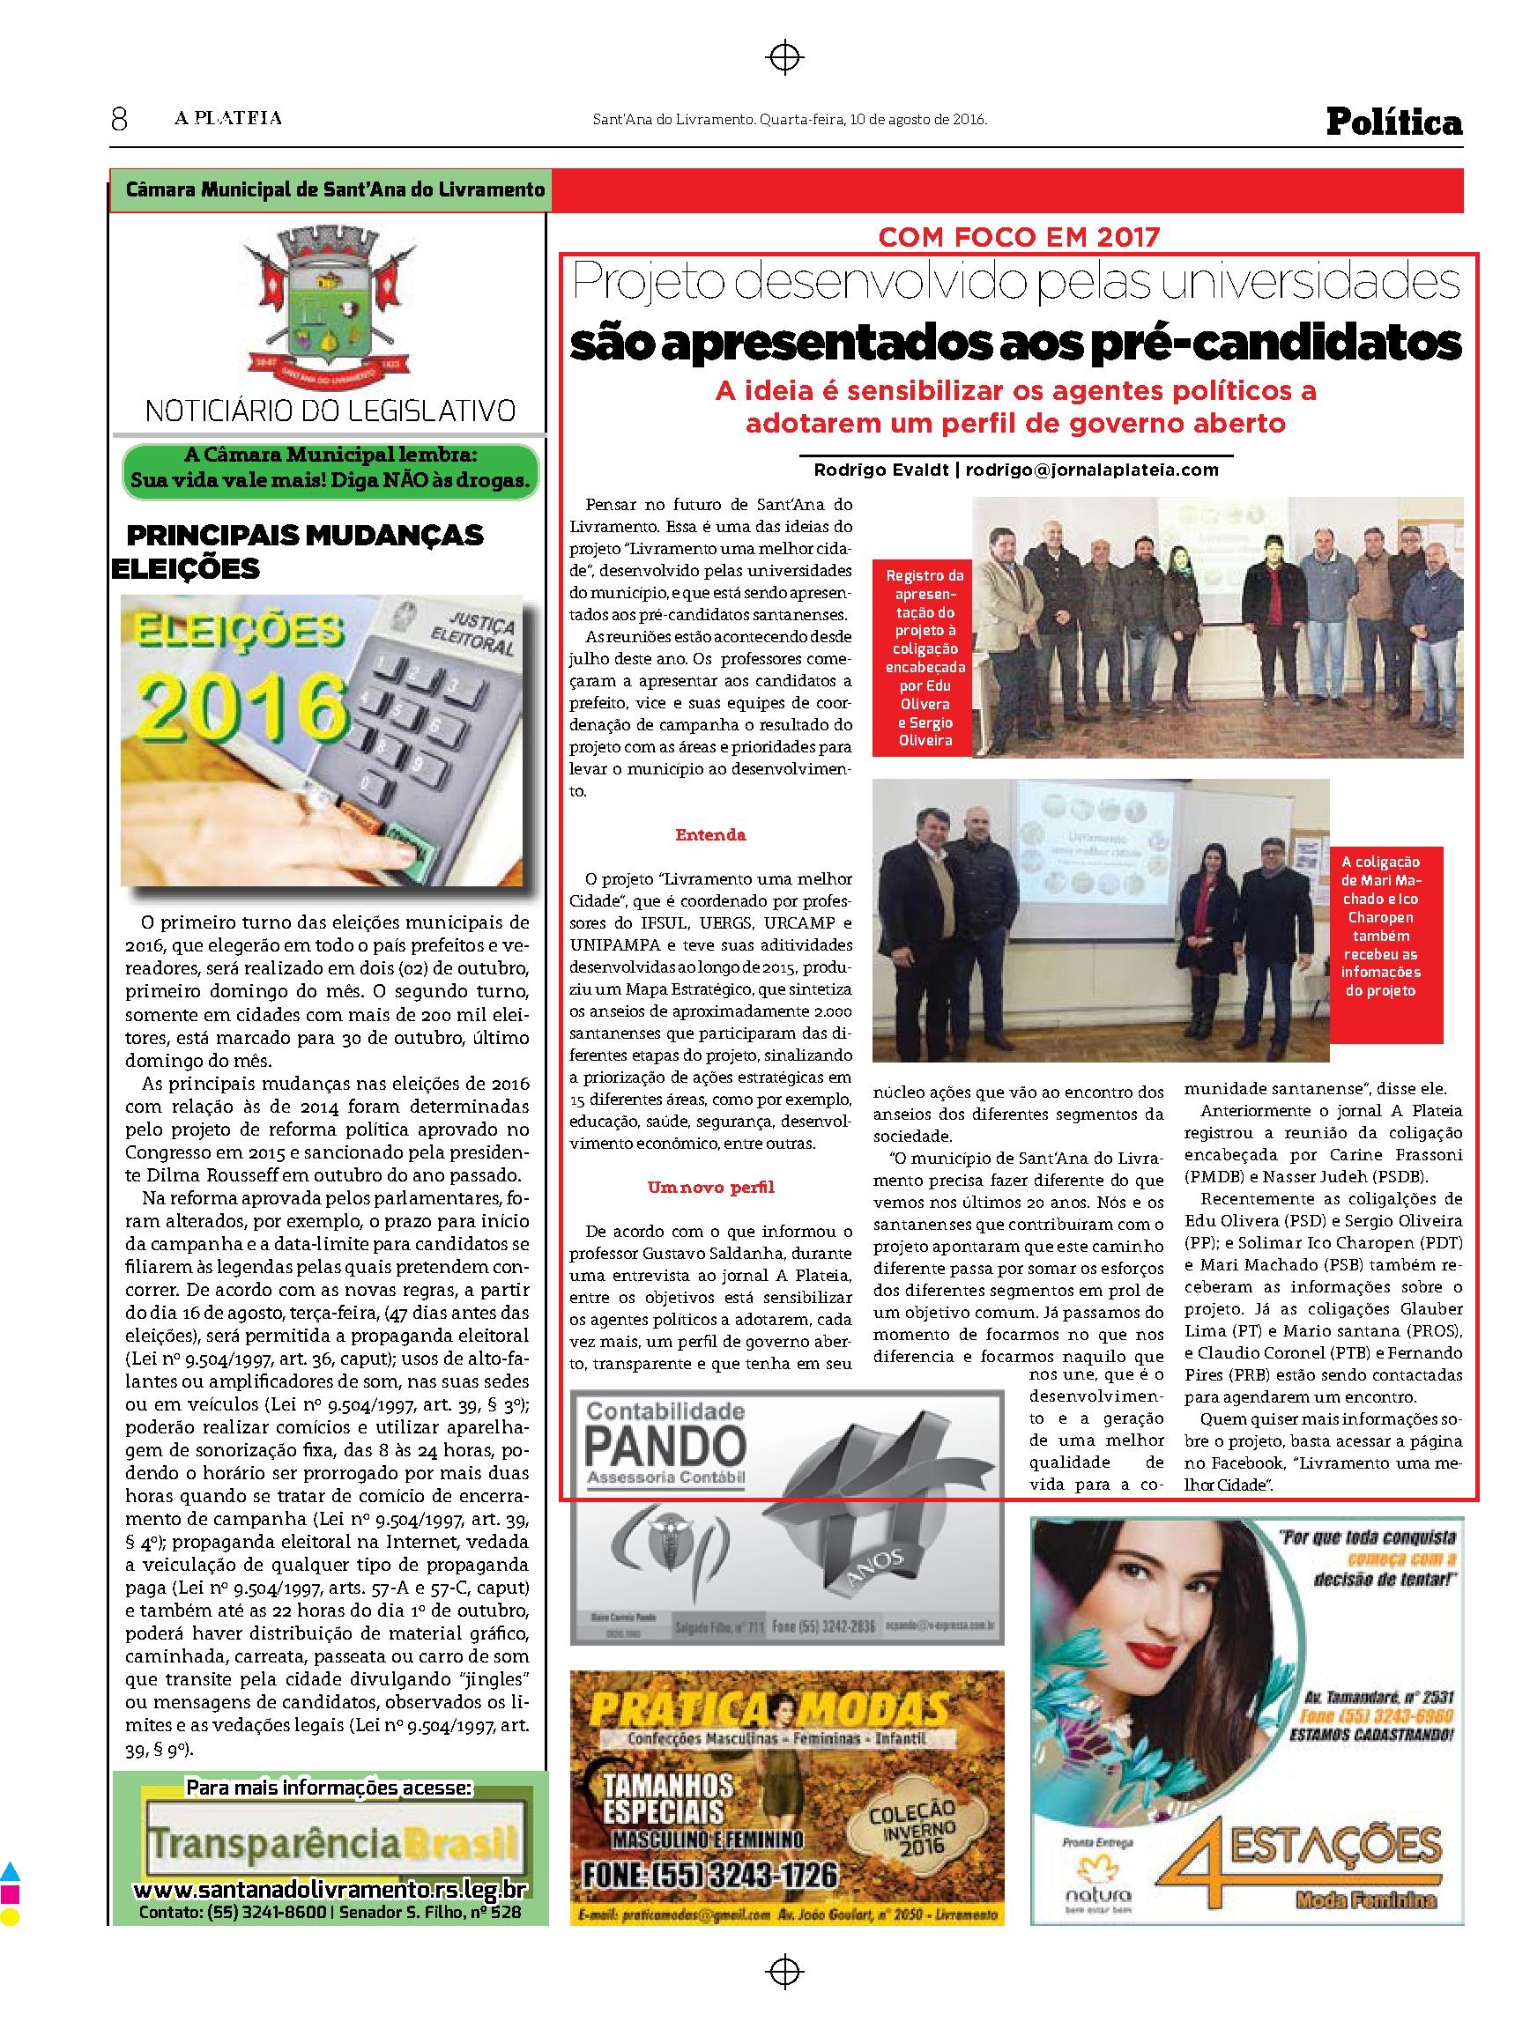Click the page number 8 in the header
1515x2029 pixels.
pyautogui.click(x=119, y=118)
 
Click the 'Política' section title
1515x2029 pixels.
pyautogui.click(x=1394, y=122)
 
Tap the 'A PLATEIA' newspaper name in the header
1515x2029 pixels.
pyautogui.click(x=229, y=118)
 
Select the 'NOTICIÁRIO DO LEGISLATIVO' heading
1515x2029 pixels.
pyautogui.click(x=330, y=409)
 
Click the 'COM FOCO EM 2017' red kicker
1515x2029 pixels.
pyautogui.click(x=1019, y=238)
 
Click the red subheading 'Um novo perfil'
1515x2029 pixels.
pyautogui.click(x=710, y=1188)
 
